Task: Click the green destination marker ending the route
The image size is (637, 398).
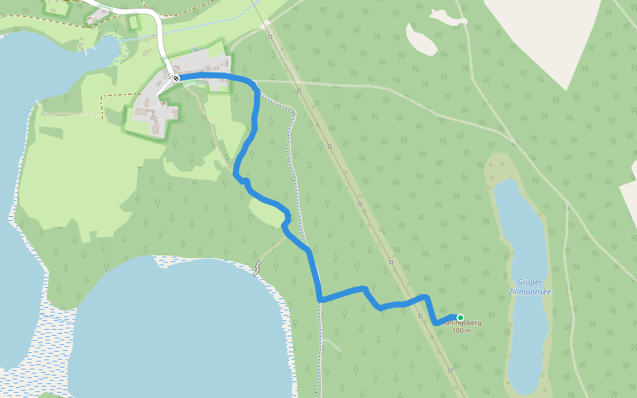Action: tap(460, 318)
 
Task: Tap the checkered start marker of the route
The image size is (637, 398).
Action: tap(176, 78)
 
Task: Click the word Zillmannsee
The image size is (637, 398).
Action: tap(530, 291)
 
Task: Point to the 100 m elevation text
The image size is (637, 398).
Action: tap(461, 330)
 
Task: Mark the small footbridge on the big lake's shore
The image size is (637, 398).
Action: tap(257, 269)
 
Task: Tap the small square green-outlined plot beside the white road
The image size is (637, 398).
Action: tap(134, 23)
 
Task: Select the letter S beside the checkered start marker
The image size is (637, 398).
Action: tap(169, 78)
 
